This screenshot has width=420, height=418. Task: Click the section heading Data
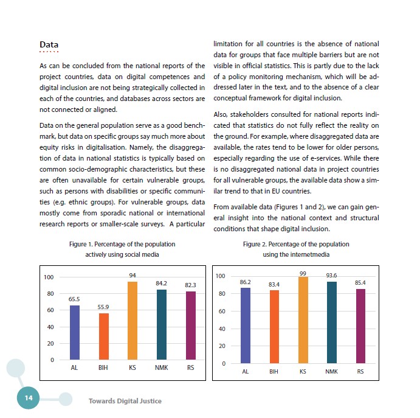(49, 45)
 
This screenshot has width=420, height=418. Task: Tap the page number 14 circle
(28, 397)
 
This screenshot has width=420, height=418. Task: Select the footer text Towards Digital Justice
(125, 401)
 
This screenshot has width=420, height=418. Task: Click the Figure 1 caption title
(114, 249)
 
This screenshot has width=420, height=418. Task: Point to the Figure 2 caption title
(296, 249)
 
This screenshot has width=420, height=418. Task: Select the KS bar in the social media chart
(133, 321)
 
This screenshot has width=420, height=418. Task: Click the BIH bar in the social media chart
(103, 336)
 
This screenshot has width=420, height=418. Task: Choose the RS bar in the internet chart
(360, 326)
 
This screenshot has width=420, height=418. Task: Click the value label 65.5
(75, 299)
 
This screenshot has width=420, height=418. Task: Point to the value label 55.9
(103, 307)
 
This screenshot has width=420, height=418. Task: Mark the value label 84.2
(161, 284)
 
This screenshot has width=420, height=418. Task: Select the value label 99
(303, 274)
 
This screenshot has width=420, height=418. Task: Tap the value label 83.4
(274, 284)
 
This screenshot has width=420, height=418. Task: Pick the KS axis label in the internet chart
(303, 371)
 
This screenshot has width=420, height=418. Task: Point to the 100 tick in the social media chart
(49, 277)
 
